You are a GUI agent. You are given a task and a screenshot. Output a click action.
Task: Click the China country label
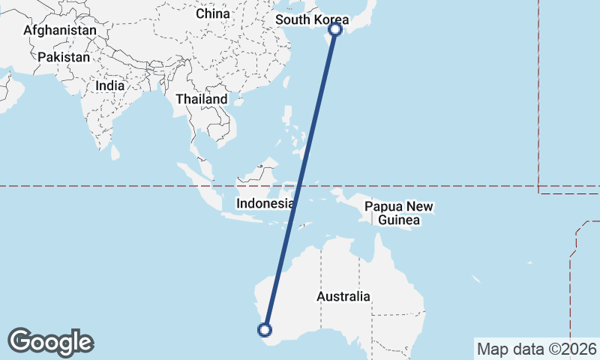[x=212, y=13]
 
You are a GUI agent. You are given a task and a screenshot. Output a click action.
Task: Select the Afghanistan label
[x=60, y=31]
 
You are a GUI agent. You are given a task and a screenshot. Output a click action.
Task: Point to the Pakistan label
[x=64, y=57]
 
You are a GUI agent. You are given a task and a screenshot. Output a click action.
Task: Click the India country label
[x=110, y=85]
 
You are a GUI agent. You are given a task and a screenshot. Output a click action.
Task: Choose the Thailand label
[x=202, y=99]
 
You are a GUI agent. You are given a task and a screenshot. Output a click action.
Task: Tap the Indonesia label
[x=265, y=203]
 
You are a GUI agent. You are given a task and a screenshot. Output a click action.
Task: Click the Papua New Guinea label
[x=399, y=213]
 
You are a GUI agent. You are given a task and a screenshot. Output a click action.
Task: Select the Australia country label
[x=343, y=296]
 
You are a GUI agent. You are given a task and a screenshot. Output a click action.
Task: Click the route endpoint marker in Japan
[x=335, y=30]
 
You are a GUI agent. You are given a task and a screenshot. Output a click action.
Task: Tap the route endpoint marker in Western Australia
[x=265, y=328]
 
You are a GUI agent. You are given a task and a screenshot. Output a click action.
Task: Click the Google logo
[x=50, y=342]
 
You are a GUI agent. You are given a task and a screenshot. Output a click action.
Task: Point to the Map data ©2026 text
[x=536, y=349]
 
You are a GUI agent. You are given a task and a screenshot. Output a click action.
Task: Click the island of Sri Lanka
[x=115, y=152]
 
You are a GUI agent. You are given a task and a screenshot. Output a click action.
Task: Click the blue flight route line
[x=300, y=180]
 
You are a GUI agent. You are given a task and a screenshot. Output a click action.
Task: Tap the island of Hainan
[x=238, y=101]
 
